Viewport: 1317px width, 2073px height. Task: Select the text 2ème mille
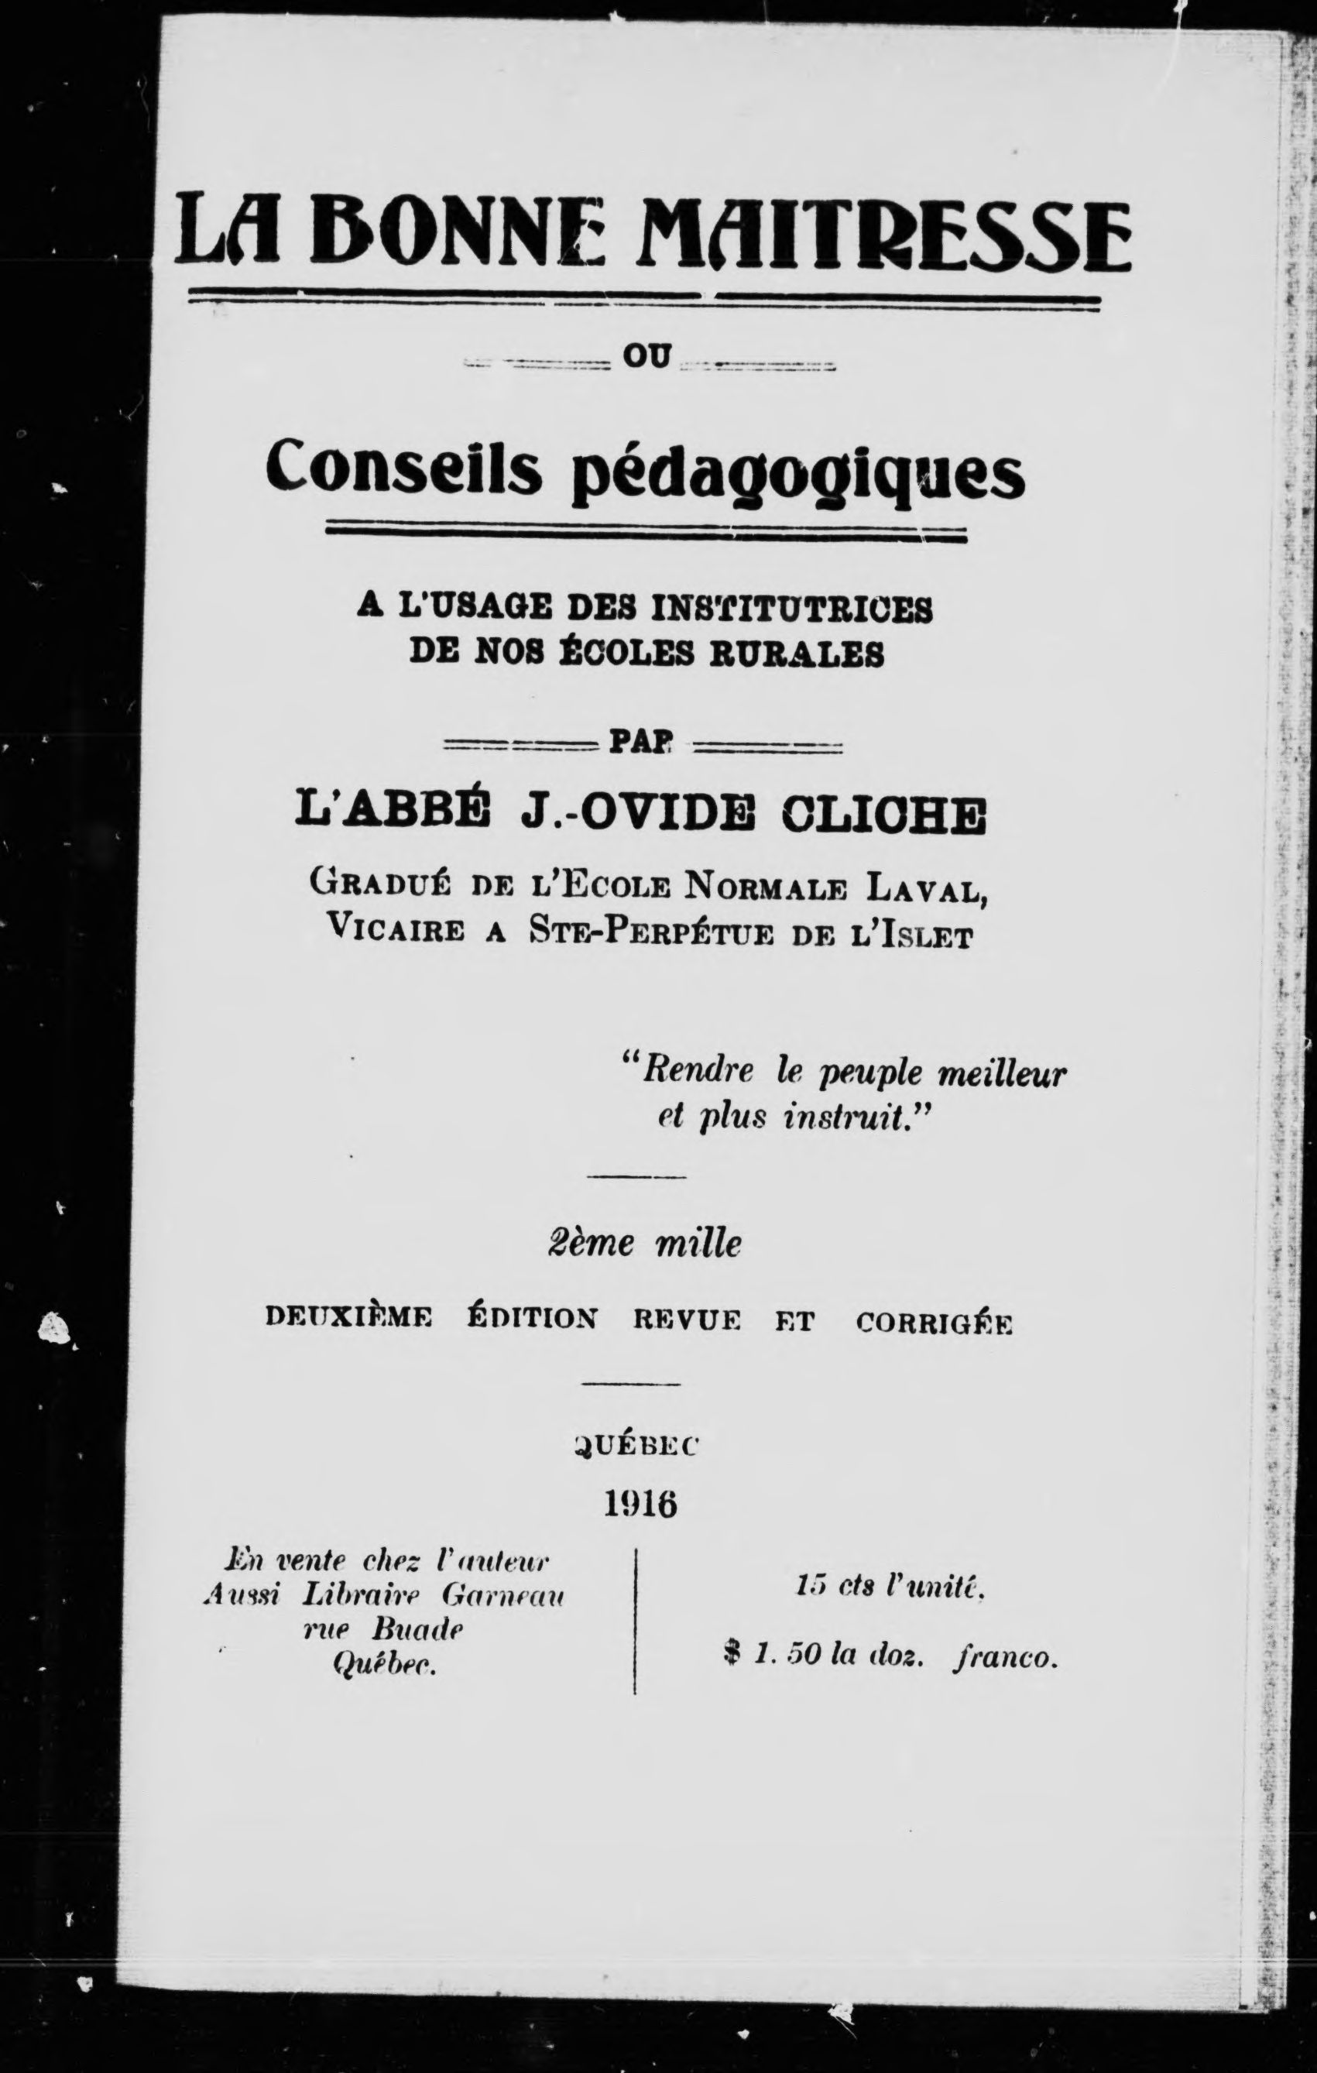645,1245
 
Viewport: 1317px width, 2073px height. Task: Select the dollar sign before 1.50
732,1656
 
